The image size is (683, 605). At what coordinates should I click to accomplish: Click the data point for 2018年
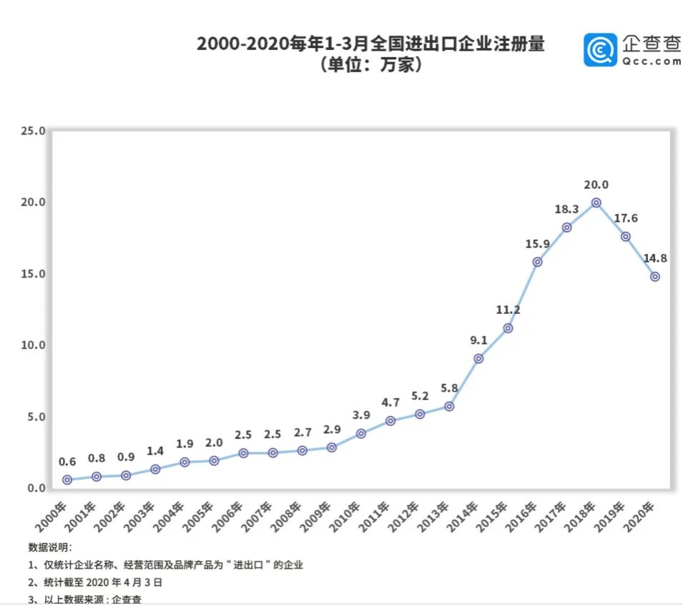[596, 203]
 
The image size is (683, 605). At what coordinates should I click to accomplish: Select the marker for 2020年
[654, 277]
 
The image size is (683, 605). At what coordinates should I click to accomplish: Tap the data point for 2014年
[478, 358]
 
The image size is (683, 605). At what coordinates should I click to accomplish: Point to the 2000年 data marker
[67, 480]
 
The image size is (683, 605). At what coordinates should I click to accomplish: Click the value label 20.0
[596, 185]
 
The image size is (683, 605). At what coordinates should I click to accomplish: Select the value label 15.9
[536, 244]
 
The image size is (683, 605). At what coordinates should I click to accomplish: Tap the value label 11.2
[508, 310]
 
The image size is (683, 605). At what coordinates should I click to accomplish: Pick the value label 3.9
[361, 415]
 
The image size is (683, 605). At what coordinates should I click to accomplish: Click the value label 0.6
[67, 461]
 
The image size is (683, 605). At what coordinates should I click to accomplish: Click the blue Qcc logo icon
[599, 49]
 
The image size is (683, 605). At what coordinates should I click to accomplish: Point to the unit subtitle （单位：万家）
[370, 65]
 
